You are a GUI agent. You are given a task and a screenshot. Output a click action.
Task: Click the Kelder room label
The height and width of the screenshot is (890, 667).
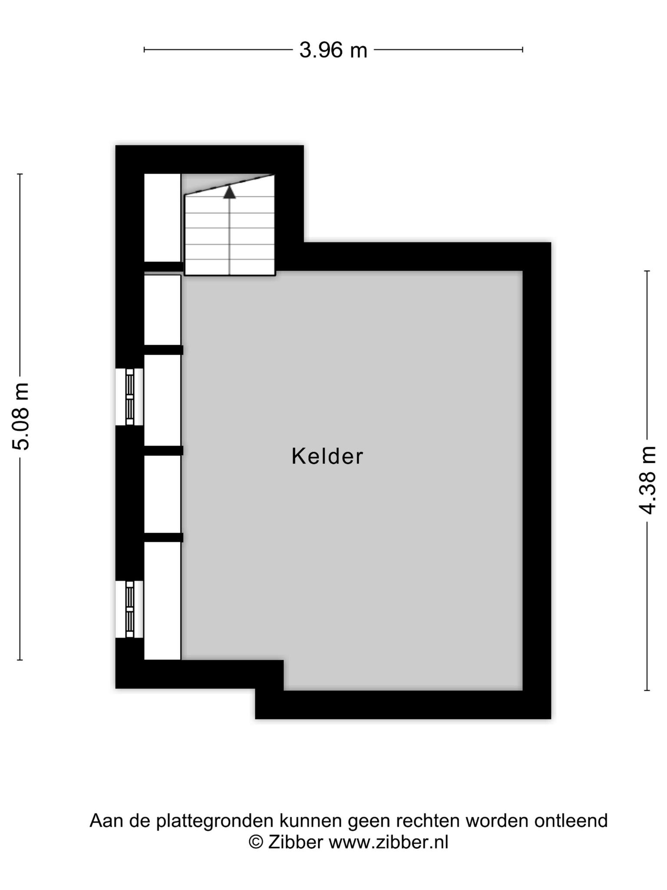point(327,456)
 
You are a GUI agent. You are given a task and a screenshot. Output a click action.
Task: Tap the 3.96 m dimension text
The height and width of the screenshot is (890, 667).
point(333,50)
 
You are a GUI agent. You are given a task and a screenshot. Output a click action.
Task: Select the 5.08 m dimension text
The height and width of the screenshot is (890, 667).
point(21,416)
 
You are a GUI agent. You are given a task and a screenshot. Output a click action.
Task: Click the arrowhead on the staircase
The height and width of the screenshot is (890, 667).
point(229,192)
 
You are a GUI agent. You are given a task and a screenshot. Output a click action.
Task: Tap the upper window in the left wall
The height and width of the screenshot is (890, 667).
point(129,397)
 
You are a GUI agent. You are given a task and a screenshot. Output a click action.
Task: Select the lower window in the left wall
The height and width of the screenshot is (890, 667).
point(129,609)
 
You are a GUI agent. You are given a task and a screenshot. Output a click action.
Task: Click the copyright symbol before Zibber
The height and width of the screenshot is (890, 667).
point(256,842)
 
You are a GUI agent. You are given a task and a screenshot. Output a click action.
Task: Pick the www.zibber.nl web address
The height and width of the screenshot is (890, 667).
point(388,842)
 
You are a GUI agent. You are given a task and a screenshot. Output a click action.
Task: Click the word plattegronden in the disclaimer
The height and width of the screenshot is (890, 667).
point(215,821)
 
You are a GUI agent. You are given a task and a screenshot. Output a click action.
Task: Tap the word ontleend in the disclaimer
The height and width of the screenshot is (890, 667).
point(571,820)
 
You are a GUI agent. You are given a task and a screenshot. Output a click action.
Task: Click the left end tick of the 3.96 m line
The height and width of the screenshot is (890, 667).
point(144,50)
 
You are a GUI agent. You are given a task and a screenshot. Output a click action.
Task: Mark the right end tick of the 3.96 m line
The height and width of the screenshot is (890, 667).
point(522,50)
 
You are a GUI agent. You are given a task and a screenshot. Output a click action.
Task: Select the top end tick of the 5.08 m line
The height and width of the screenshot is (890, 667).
point(20,174)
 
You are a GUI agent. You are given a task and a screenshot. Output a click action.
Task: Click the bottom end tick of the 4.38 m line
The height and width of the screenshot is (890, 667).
point(647,691)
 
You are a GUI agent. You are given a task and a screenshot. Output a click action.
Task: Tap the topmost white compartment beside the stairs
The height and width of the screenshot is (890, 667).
point(162,218)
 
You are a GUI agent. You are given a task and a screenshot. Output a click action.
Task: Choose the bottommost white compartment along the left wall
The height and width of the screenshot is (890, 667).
point(162,601)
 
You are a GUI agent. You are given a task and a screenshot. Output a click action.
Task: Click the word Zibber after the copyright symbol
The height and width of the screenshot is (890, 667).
point(295,842)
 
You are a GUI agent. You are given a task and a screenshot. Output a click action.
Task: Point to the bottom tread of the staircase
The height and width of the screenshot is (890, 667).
point(230,267)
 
